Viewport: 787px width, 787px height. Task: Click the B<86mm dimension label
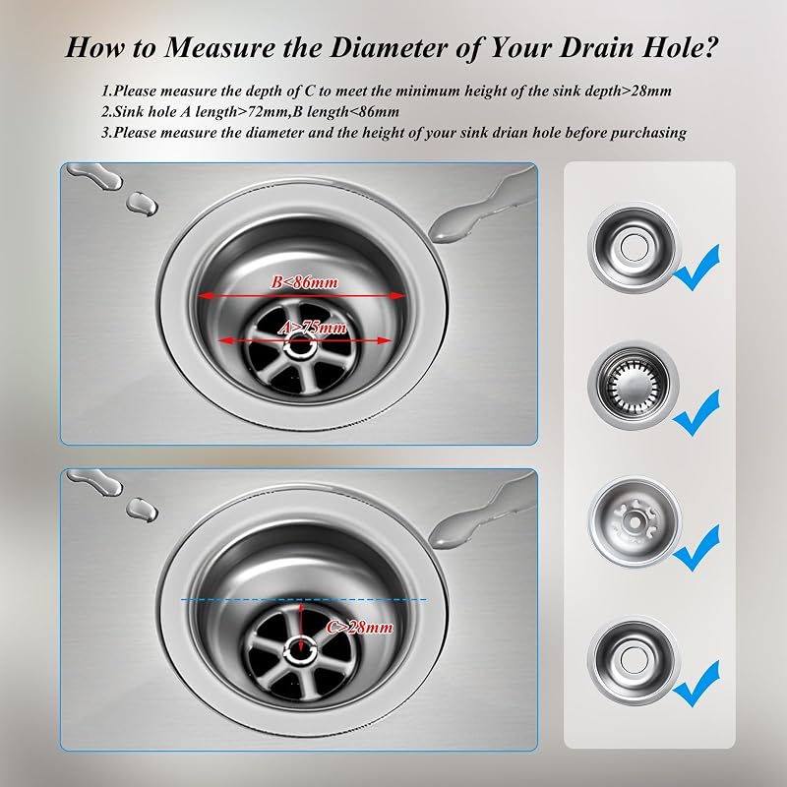click(305, 282)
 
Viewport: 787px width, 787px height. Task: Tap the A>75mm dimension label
click(312, 328)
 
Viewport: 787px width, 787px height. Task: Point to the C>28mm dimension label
click(359, 627)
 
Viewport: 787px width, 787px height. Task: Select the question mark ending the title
click(710, 47)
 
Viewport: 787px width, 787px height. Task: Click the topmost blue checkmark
click(696, 267)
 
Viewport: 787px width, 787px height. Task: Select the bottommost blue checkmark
click(696, 683)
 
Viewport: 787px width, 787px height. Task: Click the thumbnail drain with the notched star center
click(635, 522)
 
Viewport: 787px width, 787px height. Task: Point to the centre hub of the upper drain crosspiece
click(301, 346)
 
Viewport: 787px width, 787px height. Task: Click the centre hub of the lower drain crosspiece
click(301, 650)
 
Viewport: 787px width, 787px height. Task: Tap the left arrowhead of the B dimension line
click(203, 296)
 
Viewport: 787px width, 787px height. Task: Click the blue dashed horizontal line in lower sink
click(304, 599)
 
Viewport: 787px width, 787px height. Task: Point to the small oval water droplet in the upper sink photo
click(142, 204)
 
